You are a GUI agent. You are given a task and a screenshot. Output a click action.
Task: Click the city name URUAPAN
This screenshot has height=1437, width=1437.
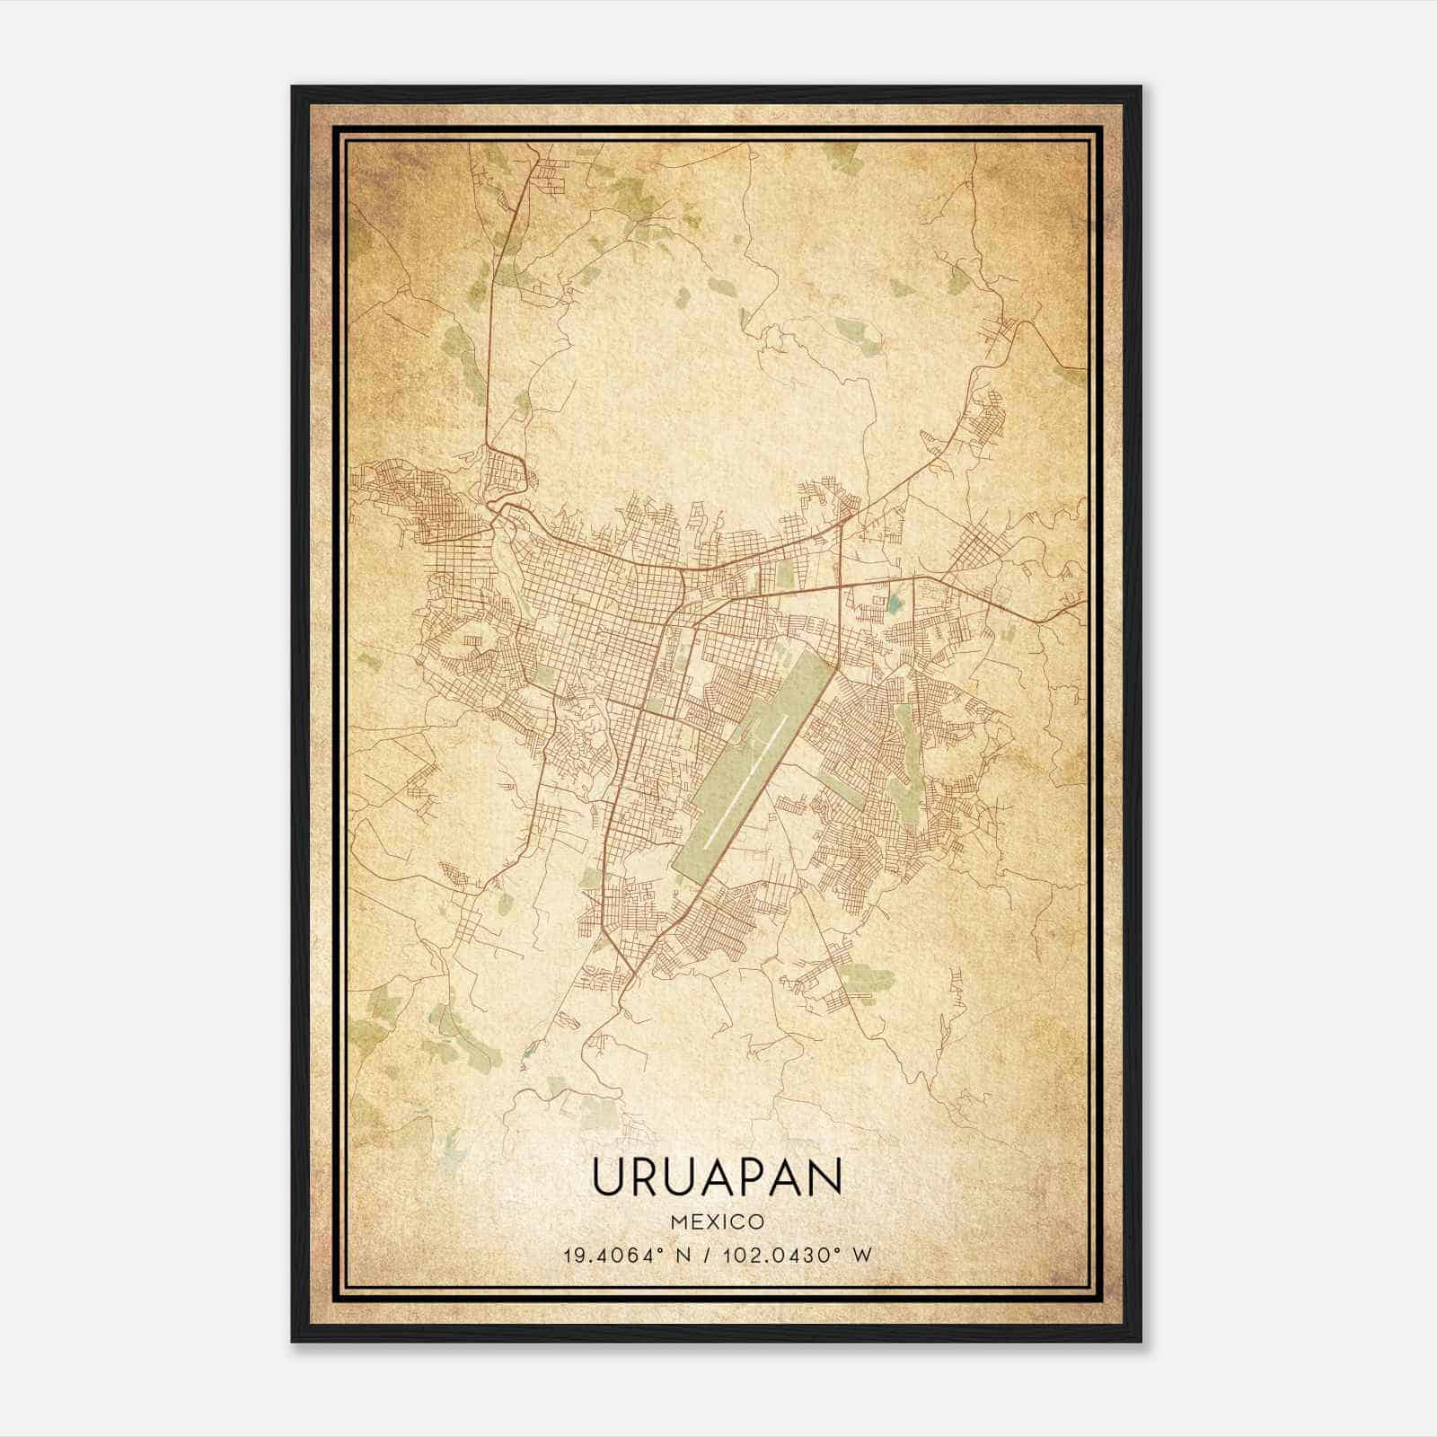click(x=718, y=1177)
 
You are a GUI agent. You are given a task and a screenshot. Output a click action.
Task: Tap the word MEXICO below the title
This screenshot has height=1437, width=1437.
click(x=718, y=1221)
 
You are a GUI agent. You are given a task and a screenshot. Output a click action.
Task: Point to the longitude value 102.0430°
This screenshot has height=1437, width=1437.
click(x=777, y=1255)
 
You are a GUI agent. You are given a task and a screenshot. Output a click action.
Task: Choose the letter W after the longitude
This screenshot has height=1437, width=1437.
click(x=861, y=1255)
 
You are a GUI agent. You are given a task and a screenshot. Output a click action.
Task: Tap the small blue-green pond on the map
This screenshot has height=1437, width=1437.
click(x=894, y=603)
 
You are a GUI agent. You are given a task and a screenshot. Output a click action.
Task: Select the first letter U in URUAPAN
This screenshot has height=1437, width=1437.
click(x=607, y=1177)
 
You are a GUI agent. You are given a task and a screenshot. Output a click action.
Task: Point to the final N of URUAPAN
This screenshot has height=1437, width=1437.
click(x=826, y=1177)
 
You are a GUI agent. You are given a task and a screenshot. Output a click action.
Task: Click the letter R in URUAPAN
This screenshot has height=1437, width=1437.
click(x=646, y=1177)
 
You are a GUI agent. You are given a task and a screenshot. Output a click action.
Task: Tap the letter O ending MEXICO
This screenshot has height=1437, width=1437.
click(x=756, y=1221)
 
